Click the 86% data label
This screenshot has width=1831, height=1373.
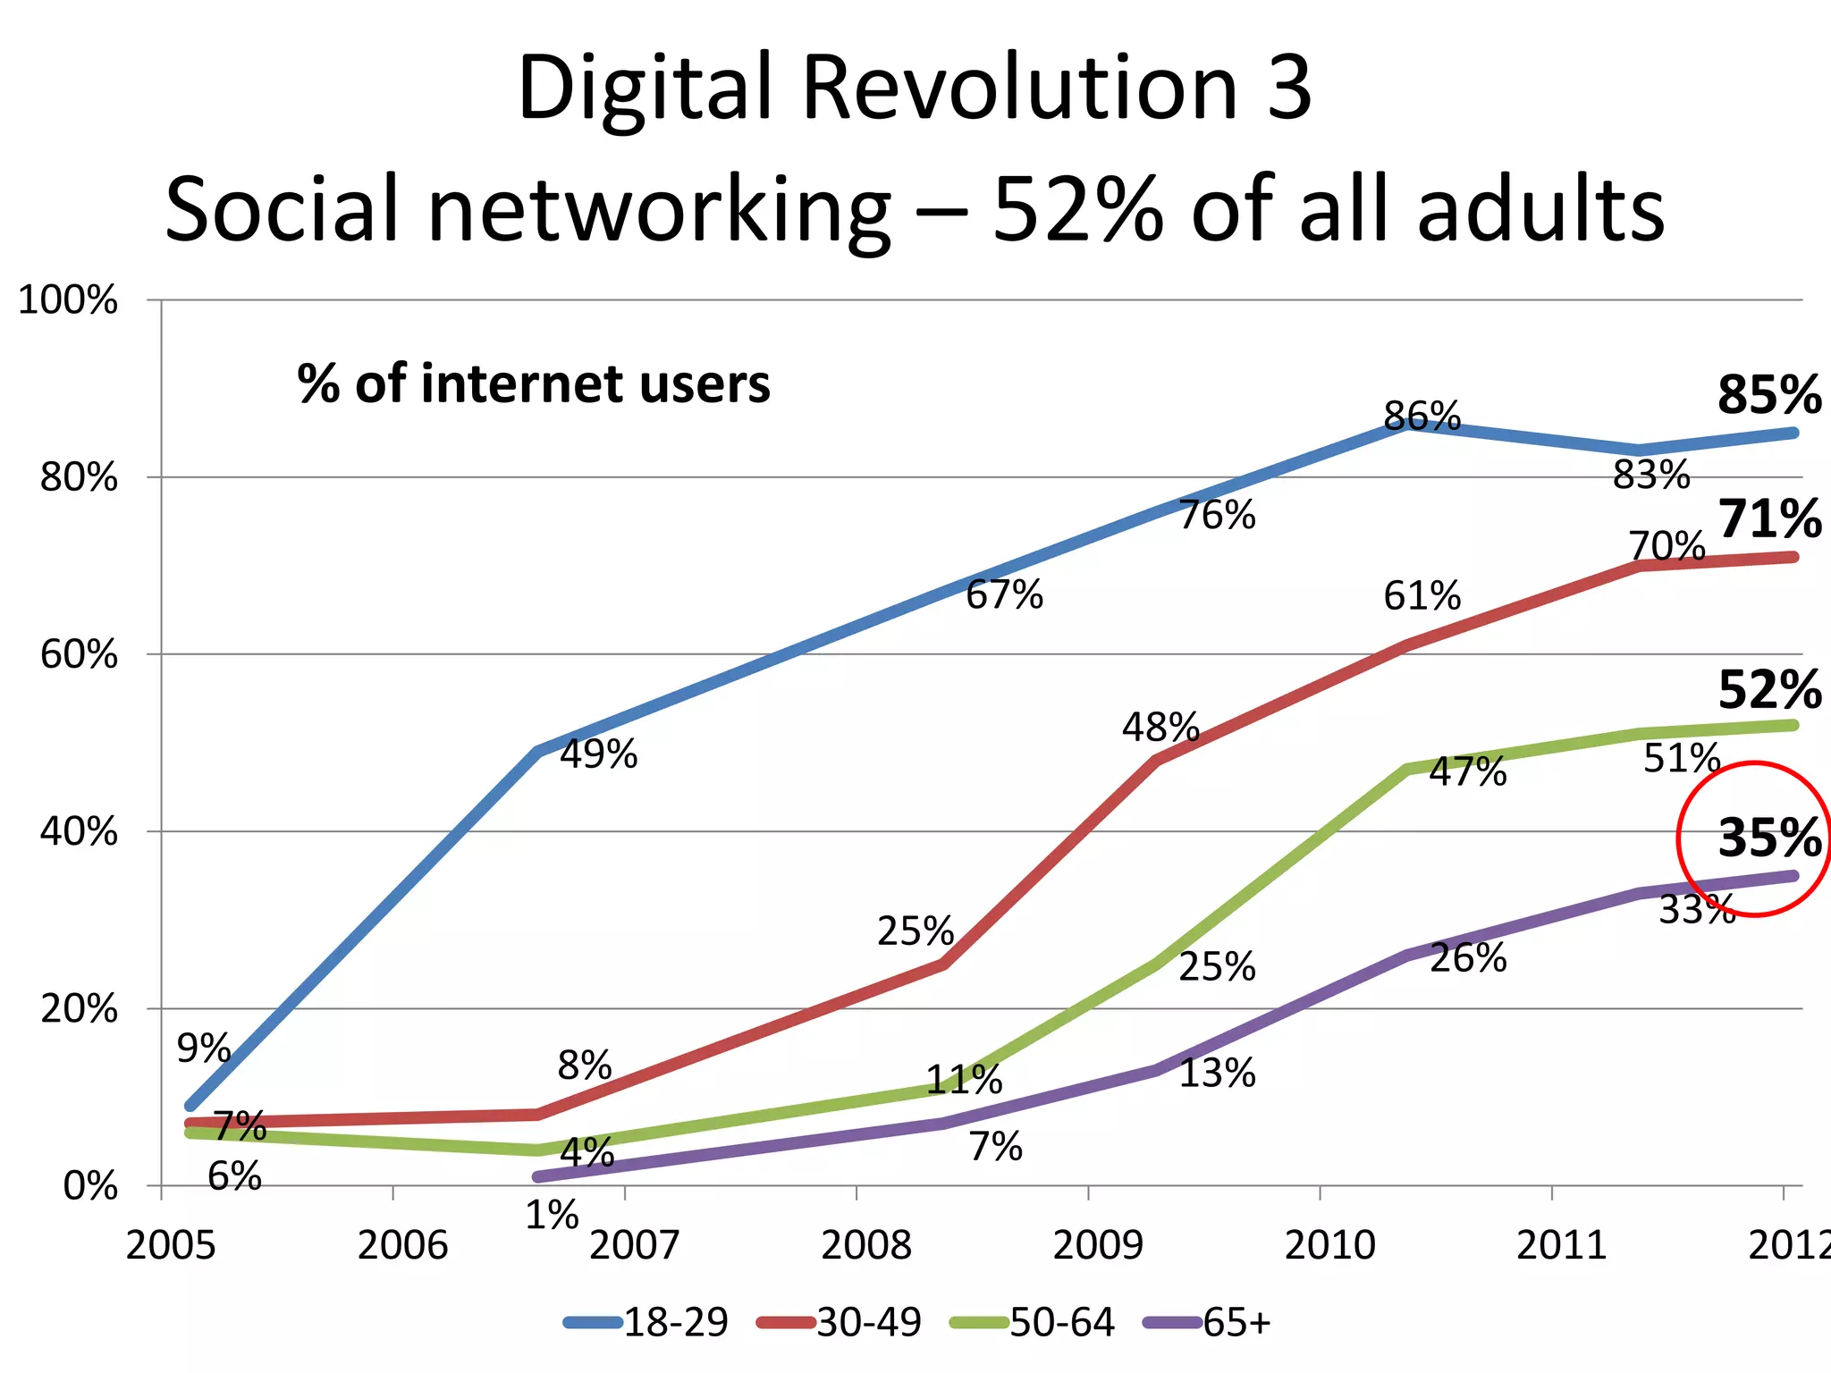coord(1422,417)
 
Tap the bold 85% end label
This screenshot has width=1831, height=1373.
coord(1768,394)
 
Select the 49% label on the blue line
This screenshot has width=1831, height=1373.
coord(598,754)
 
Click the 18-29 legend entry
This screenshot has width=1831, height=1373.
coord(646,1322)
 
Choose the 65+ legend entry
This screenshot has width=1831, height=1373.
coord(1208,1322)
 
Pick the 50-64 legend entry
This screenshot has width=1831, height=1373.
coord(1034,1322)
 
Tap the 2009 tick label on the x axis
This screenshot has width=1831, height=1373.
coord(1097,1245)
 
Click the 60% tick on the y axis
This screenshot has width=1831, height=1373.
coord(79,655)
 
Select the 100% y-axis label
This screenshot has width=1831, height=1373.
coord(68,300)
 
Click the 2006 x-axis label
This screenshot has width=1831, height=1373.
coord(402,1245)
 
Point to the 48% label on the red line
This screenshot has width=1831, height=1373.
coord(1160,728)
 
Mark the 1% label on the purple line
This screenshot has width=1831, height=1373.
coord(552,1216)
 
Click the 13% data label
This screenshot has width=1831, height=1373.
coord(1217,1074)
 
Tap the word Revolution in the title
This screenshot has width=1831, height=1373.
coord(1019,88)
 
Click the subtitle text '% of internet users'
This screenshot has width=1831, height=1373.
coord(534,384)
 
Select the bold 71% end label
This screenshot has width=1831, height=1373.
coord(1768,519)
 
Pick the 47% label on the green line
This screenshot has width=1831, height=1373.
coord(1467,771)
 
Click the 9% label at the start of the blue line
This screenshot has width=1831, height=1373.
coord(204,1049)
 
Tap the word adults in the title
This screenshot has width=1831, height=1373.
coord(1540,210)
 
